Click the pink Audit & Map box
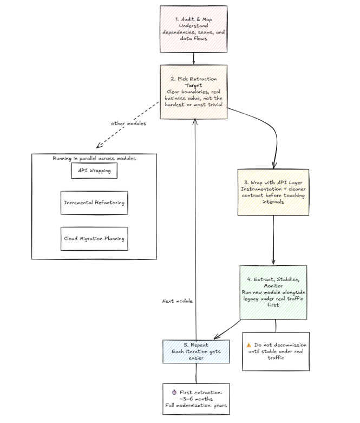(x=194, y=30)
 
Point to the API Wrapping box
(x=94, y=170)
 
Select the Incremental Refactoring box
(x=94, y=203)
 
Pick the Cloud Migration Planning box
(x=94, y=238)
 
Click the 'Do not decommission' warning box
(x=276, y=351)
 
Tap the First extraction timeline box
(x=196, y=399)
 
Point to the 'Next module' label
(x=178, y=301)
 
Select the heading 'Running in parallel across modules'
(x=94, y=158)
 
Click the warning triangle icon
(x=248, y=344)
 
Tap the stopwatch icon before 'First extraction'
(x=174, y=392)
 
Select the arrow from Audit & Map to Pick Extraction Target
(x=194, y=58)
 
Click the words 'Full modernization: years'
(x=196, y=405)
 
